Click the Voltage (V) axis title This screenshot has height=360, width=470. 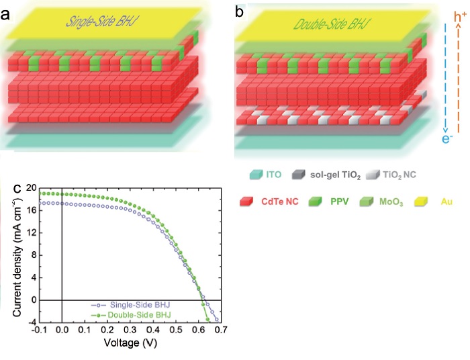(131, 343)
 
